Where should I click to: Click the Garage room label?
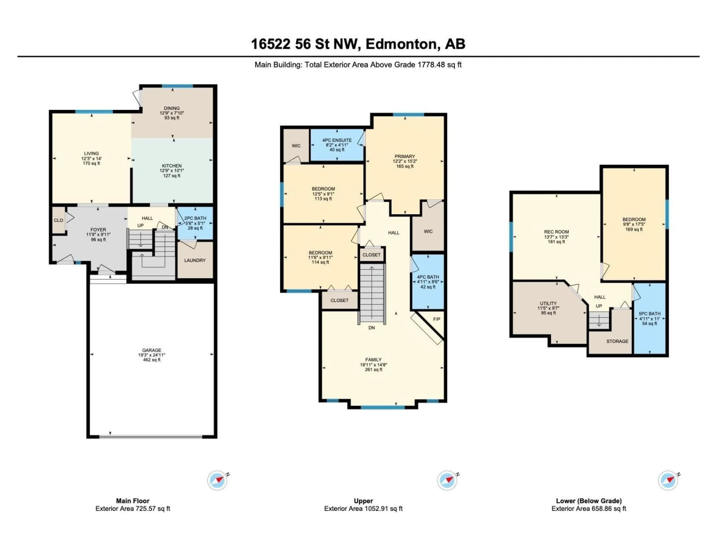tap(151, 350)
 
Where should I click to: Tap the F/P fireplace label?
tap(436, 319)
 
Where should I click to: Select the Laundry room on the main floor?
tap(195, 260)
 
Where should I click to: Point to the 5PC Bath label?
tap(649, 314)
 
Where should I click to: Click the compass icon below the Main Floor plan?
tap(217, 480)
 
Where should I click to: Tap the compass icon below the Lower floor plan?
tap(668, 480)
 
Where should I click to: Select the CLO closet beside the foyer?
tap(58, 220)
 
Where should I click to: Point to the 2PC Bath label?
tap(195, 218)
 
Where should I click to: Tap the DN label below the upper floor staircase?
tap(371, 328)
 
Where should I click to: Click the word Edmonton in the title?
tap(401, 44)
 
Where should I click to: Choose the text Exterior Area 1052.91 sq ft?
tap(363, 509)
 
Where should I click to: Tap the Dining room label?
tap(172, 108)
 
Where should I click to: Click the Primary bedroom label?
tap(405, 156)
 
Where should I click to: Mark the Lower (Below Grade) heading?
tap(589, 501)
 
